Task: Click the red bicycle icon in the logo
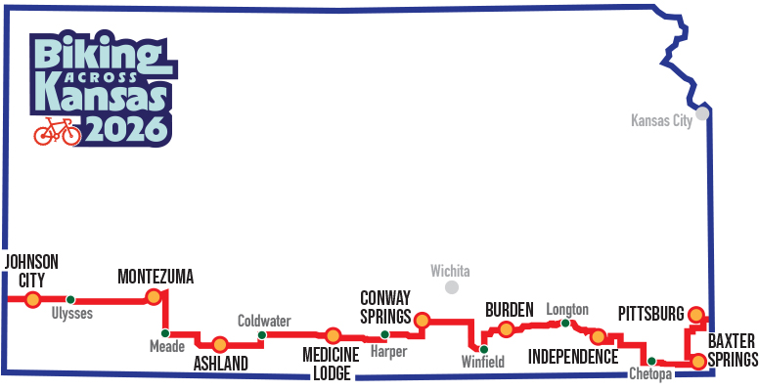coord(57,131)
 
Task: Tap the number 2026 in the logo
coord(125,127)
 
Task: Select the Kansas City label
coord(661,121)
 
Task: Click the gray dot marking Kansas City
coord(701,113)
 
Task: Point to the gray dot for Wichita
coord(452,287)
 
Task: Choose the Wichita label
coord(450,270)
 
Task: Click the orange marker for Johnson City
coord(33,299)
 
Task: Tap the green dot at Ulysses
coord(70,299)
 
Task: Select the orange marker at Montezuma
coord(153,296)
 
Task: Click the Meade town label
coord(166,346)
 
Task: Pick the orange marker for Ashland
coord(220,343)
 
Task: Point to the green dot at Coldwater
coord(261,335)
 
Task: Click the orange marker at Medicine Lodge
coord(333,335)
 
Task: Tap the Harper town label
coord(389,351)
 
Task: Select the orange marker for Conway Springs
coord(423,319)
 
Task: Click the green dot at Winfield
coord(482,348)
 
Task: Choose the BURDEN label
coord(509,310)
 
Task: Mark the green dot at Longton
coord(565,324)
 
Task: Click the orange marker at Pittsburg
coord(695,314)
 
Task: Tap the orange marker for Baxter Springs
coord(697,361)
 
